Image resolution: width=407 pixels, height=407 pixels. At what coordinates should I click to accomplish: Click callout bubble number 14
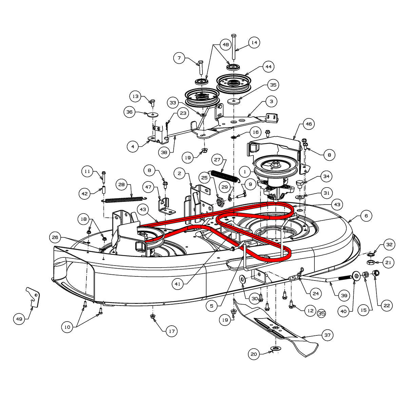pos(254,43)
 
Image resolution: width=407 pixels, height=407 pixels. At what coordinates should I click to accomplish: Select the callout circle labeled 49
pos(19,319)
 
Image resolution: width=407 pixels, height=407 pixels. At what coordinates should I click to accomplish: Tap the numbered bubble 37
pos(327,335)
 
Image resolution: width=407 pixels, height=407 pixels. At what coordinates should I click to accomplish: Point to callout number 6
pos(366,216)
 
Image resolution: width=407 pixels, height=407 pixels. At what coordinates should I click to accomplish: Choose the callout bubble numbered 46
pos(309,124)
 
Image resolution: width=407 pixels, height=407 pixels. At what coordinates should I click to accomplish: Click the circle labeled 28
pos(122,185)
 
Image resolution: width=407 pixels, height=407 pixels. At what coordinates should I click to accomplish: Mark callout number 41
pos(177,284)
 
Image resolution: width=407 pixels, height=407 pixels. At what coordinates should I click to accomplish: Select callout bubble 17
pos(172,331)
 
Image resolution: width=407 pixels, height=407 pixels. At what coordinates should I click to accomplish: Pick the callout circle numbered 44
pos(268,67)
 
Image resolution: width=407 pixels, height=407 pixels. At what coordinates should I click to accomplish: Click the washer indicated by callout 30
pos(243,279)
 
